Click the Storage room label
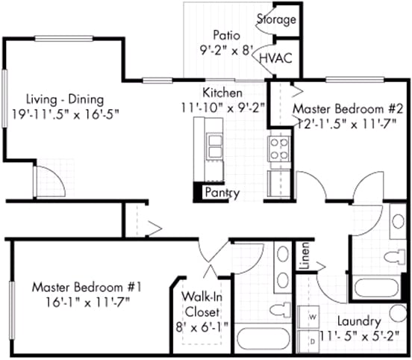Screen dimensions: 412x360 tap(276, 19)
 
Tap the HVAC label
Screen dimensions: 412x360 tap(275, 58)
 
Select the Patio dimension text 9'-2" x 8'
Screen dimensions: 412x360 tap(226, 51)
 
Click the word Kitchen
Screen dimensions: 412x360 tap(222, 93)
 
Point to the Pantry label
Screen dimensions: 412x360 tap(222, 193)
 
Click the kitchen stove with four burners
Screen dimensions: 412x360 tap(279, 149)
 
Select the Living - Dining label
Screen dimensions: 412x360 tap(65, 99)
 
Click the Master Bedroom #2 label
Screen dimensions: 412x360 tap(348, 109)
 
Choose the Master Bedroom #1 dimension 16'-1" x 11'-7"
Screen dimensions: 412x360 tap(88, 302)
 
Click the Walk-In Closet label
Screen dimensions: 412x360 tap(202, 305)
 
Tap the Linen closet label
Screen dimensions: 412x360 tap(305, 255)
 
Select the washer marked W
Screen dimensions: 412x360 tap(308, 317)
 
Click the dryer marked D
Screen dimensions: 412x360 tap(308, 341)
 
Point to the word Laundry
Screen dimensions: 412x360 tap(359, 322)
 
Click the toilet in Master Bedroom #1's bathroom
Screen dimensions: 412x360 tap(280, 310)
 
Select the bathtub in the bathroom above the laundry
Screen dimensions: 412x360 tap(376, 288)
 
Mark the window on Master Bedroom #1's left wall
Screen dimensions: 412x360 tap(12, 310)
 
